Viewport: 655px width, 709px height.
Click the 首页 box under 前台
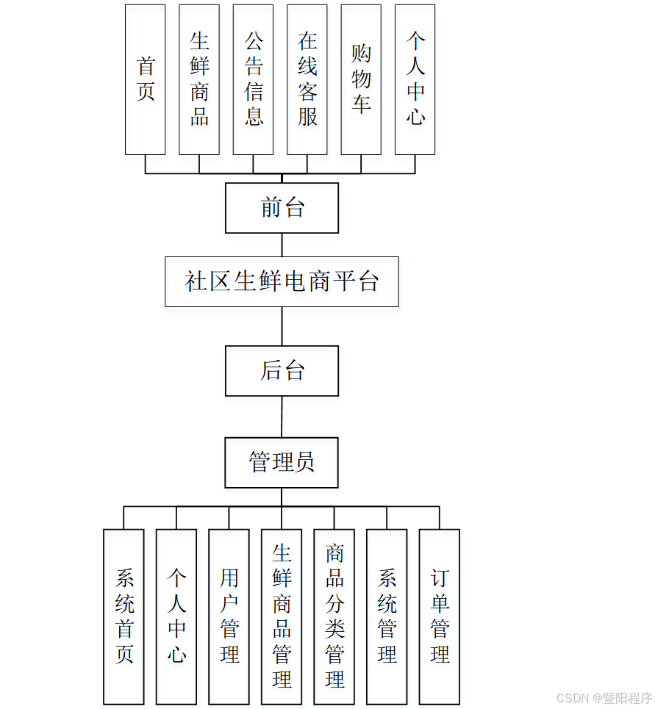click(x=145, y=79)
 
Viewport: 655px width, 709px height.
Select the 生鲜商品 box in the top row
click(x=199, y=79)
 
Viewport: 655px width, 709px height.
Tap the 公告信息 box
click(x=253, y=79)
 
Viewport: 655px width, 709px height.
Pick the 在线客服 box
click(x=307, y=79)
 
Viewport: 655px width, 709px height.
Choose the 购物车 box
click(x=361, y=79)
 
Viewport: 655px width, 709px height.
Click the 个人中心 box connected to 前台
click(x=415, y=79)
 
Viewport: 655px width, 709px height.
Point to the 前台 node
click(x=282, y=208)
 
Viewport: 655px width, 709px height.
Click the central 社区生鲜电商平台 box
click(x=282, y=281)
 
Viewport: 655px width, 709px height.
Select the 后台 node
click(x=282, y=371)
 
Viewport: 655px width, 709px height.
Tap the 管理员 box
click(x=282, y=463)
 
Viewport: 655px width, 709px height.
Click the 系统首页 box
click(x=124, y=616)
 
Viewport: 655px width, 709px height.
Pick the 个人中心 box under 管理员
click(x=176, y=616)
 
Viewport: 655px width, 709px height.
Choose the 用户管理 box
click(x=229, y=616)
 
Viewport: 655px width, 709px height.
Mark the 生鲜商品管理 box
click(x=282, y=616)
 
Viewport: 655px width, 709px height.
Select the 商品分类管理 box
click(x=334, y=616)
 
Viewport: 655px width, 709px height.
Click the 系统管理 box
click(x=387, y=616)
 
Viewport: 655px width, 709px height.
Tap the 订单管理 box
click(x=440, y=616)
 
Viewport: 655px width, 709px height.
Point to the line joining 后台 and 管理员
click(x=282, y=417)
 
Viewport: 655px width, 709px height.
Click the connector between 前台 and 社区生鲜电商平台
click(x=282, y=245)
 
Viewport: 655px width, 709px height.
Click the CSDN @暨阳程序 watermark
click(x=604, y=698)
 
